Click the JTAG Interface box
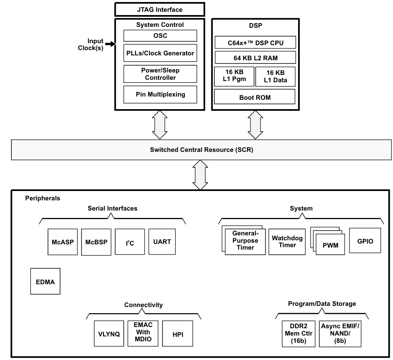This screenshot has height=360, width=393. [159, 9]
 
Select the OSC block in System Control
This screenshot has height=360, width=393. [160, 35]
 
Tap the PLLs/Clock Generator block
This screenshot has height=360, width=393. [160, 53]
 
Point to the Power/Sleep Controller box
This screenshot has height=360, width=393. [160, 74]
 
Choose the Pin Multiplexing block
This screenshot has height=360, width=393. [160, 94]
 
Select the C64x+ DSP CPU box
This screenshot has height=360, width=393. [255, 42]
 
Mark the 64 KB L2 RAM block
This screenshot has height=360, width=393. [255, 57]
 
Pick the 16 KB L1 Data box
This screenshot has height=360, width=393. [275, 77]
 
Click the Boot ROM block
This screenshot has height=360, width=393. [255, 97]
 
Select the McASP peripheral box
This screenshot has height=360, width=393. [62, 242]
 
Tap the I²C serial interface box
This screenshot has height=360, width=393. [129, 243]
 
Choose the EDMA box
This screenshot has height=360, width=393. [45, 281]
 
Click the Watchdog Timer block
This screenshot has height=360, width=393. [287, 241]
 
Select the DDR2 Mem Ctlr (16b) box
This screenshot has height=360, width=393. [299, 333]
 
